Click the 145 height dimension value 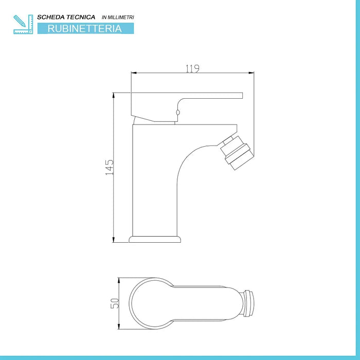(109, 167)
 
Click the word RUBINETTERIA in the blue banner (85, 29)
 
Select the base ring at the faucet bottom (156, 239)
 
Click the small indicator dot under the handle (178, 113)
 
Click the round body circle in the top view (150, 303)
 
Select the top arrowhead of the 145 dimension (114, 95)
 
